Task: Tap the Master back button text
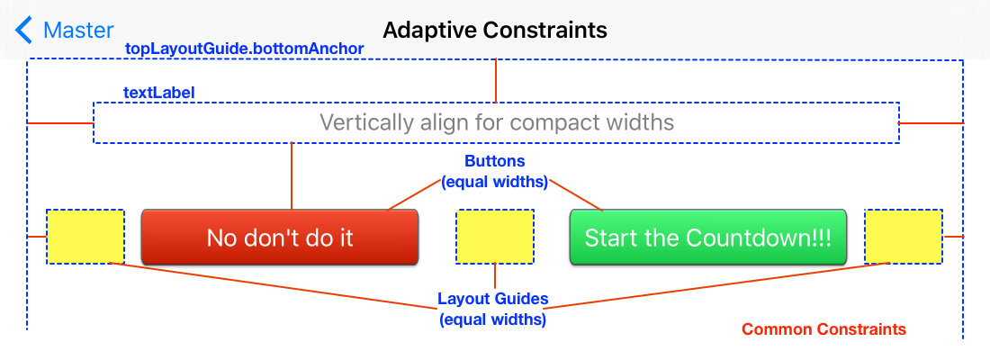click(78, 30)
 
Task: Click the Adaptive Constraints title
click(495, 30)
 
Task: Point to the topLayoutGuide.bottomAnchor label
click(245, 48)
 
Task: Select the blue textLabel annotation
click(159, 93)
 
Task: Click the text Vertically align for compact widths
click(497, 122)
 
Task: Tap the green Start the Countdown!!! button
click(708, 238)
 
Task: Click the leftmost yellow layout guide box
click(85, 237)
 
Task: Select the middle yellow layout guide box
click(495, 237)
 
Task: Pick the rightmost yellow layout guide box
click(904, 237)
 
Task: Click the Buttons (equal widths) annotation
click(494, 171)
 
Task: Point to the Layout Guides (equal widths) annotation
click(493, 308)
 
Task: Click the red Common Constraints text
click(823, 329)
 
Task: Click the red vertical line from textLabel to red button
click(292, 175)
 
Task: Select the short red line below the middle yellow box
click(495, 275)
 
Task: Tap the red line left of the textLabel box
click(61, 121)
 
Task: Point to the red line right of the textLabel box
click(931, 121)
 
